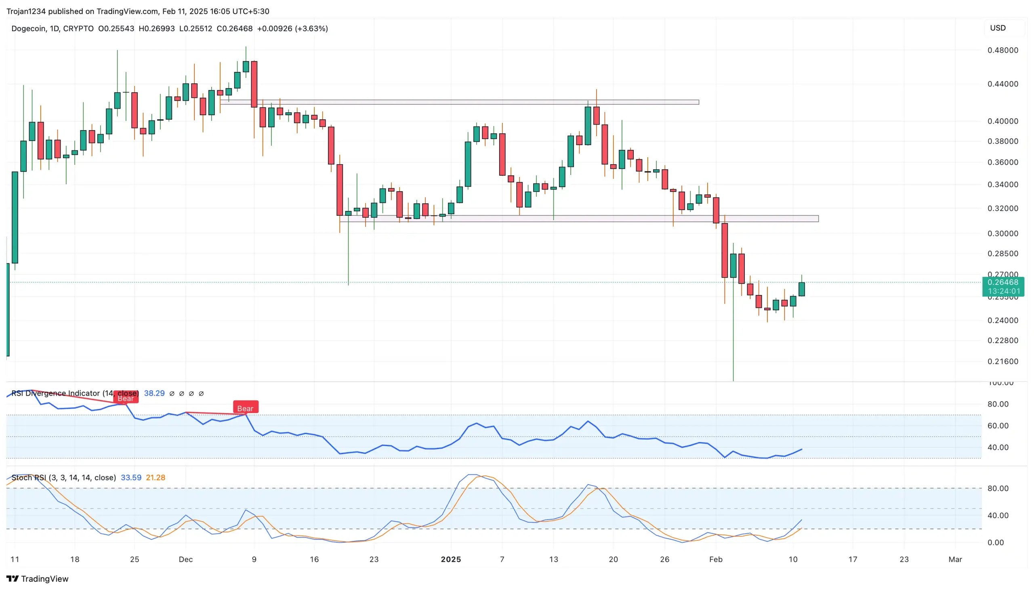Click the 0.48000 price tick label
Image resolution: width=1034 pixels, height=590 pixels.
(x=1002, y=50)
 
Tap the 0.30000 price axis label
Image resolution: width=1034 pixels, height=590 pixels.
(x=1002, y=234)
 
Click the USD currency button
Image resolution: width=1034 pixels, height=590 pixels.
(x=998, y=28)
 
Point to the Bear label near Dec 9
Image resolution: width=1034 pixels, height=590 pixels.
(x=245, y=408)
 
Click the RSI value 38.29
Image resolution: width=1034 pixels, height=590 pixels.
(x=154, y=393)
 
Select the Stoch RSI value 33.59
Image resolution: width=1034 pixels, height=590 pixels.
(x=131, y=477)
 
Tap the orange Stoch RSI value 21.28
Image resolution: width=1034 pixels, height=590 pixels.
(x=156, y=477)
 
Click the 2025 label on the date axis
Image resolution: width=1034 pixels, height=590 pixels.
(x=450, y=559)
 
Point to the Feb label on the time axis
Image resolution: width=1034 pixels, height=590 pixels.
(x=716, y=559)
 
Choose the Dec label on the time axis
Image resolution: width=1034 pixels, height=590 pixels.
(x=185, y=559)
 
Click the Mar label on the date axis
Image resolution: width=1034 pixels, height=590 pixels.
(x=955, y=559)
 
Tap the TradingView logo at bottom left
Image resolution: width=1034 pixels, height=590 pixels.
(x=37, y=579)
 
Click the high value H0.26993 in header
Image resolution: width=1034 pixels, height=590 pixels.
(x=156, y=28)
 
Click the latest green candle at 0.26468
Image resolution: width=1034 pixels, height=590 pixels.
(x=801, y=289)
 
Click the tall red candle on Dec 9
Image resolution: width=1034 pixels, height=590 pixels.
(x=254, y=84)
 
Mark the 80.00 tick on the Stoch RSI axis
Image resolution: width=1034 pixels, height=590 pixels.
(x=998, y=488)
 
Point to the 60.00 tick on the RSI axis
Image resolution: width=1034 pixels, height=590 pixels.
(x=998, y=426)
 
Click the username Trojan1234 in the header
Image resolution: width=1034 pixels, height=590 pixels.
(x=26, y=11)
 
